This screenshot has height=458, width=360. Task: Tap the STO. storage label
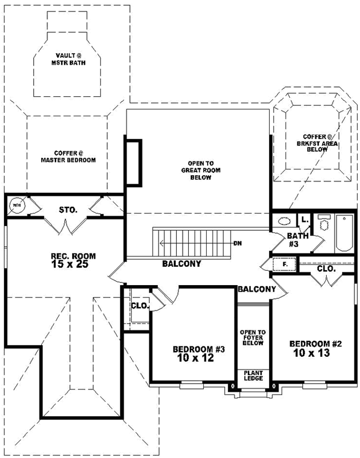point(68,210)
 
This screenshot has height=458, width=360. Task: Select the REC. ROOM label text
point(73,255)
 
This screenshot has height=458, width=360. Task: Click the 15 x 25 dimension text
point(73,264)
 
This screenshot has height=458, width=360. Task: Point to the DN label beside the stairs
point(238,243)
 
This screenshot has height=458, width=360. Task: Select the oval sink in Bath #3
point(283,221)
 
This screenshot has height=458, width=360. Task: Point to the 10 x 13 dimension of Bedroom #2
point(315,353)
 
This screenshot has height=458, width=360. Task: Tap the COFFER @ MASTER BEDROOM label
point(67,156)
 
